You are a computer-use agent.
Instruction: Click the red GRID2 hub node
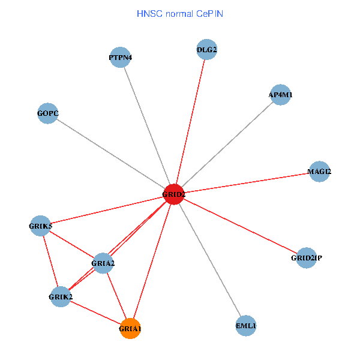click(x=173, y=194)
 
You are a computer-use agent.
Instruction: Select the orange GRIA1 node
click(x=130, y=328)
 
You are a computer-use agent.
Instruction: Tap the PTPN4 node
click(x=121, y=58)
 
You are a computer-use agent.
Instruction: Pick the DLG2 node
click(x=207, y=49)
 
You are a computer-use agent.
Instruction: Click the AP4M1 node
click(x=281, y=95)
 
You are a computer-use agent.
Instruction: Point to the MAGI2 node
click(x=319, y=172)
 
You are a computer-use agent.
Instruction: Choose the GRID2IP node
click(x=306, y=258)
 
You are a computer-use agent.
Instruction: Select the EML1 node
click(x=246, y=326)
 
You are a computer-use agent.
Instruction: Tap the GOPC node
click(x=48, y=113)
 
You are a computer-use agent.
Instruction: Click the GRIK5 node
click(x=41, y=226)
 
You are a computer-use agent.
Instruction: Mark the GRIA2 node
click(x=103, y=263)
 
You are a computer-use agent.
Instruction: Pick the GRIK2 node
click(x=61, y=296)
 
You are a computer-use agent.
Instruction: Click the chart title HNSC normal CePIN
click(x=180, y=13)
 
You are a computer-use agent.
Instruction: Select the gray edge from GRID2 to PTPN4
click(x=147, y=126)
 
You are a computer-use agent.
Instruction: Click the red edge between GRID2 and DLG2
click(x=190, y=122)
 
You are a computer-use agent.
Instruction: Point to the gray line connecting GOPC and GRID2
click(x=111, y=154)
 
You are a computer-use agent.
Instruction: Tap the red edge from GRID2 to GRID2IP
click(x=240, y=226)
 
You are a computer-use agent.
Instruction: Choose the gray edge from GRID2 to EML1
click(x=210, y=260)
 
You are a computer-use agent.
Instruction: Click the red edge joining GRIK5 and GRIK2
click(x=50, y=261)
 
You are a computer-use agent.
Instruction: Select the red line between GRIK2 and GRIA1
click(x=95, y=312)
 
